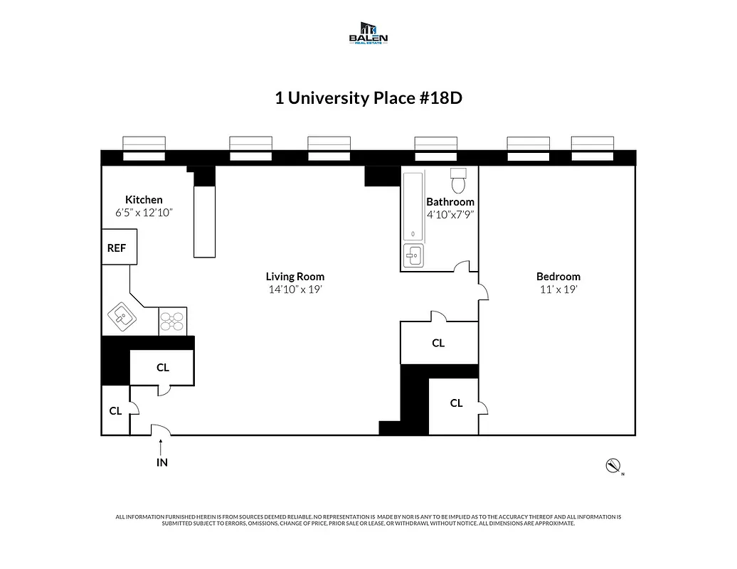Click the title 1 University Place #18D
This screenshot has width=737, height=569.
point(368,97)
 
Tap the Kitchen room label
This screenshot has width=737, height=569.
point(144,200)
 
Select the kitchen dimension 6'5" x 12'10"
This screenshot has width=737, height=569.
point(144,213)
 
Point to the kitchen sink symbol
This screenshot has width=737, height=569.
point(122,317)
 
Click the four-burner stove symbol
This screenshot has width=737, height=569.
point(172,321)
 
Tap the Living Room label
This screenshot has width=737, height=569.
point(295,277)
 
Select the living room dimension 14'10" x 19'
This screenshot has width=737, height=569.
point(295,289)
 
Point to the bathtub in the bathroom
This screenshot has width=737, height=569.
point(413,206)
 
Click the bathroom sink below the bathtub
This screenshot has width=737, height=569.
point(413,255)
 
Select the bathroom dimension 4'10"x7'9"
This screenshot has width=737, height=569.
point(450,214)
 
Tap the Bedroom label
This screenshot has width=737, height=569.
point(558,277)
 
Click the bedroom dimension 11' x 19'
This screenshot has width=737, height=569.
point(558,289)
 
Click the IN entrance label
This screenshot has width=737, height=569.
point(161,462)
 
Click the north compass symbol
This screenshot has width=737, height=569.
point(612,466)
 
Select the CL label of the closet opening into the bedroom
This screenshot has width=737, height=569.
point(456,403)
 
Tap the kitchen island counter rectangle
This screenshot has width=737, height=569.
point(204,220)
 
